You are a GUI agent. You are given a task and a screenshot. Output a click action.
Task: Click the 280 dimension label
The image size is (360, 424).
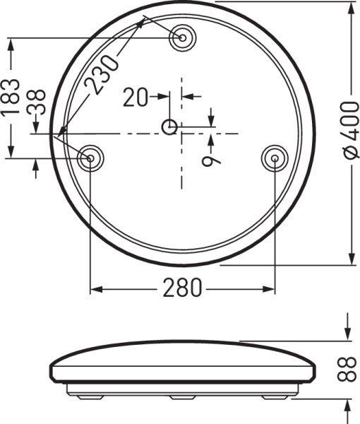tap(182, 288)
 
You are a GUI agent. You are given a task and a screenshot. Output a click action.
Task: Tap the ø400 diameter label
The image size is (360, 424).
tap(351, 129)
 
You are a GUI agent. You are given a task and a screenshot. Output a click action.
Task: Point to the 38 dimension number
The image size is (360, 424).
tap(35, 102)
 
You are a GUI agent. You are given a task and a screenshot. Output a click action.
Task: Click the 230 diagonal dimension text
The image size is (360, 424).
tap(101, 73)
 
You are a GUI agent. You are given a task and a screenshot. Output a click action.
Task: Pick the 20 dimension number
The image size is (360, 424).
tap(136, 97)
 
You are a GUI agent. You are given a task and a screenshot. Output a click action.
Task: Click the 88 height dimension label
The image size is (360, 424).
tap(347, 369)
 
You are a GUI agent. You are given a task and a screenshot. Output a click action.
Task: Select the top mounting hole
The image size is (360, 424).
tap(182, 37)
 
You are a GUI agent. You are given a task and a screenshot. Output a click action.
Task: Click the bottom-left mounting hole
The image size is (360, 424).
tap(90, 158)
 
